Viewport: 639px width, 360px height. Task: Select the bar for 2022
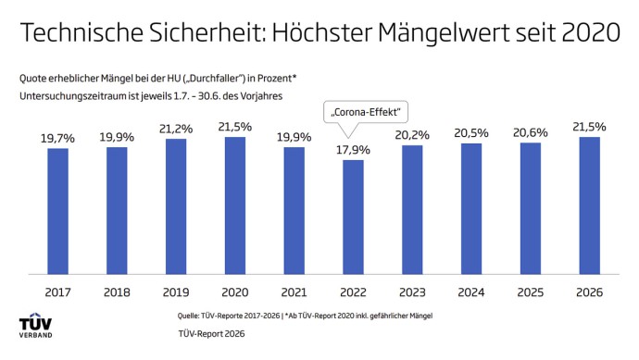point(353,217)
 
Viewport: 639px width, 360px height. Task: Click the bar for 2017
point(57,211)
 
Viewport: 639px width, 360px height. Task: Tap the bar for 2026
point(589,205)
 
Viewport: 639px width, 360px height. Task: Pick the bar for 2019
point(176,206)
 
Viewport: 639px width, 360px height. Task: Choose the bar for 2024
point(471,209)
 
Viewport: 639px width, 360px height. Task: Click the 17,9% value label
point(353,149)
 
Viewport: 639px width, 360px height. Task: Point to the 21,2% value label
point(176,128)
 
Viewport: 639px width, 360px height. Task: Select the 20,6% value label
point(531,132)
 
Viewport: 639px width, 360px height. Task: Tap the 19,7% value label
point(57,138)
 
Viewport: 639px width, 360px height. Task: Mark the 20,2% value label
point(412,134)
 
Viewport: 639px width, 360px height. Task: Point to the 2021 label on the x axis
point(294,292)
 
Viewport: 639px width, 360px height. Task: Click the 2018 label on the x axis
point(117,292)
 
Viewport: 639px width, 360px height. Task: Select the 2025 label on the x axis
point(531,292)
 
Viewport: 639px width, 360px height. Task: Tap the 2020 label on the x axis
point(235,292)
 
